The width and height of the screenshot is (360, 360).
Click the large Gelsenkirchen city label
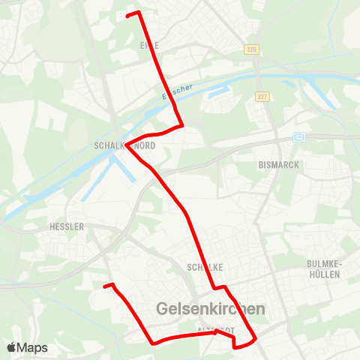211,309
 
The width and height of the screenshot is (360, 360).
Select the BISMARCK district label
277,163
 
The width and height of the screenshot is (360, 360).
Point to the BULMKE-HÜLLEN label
324,268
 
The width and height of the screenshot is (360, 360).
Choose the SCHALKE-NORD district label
125,146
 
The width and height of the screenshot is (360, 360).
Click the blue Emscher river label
177,92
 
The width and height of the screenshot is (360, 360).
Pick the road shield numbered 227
262,96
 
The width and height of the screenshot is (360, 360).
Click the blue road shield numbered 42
298,137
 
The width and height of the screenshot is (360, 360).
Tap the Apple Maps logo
27,347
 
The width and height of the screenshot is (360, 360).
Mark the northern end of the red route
128,14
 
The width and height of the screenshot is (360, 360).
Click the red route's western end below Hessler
105,286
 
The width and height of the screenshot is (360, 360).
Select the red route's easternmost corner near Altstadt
257,339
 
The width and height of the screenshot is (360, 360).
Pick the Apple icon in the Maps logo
11,347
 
